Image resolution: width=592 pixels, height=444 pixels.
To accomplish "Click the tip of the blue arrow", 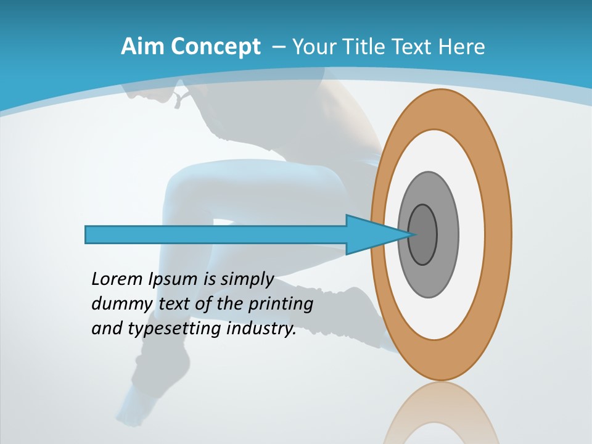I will (x=410, y=234).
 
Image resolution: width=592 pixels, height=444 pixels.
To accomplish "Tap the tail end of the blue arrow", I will (x=87, y=234).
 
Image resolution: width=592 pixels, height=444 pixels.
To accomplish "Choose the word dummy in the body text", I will (x=115, y=304).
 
